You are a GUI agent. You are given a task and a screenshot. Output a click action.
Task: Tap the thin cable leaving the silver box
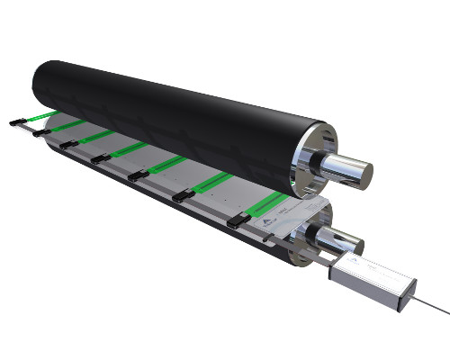[x=427, y=305]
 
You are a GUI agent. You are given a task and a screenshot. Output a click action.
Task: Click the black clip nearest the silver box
[x=236, y=220]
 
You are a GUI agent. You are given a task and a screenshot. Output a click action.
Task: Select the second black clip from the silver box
[x=184, y=197]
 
